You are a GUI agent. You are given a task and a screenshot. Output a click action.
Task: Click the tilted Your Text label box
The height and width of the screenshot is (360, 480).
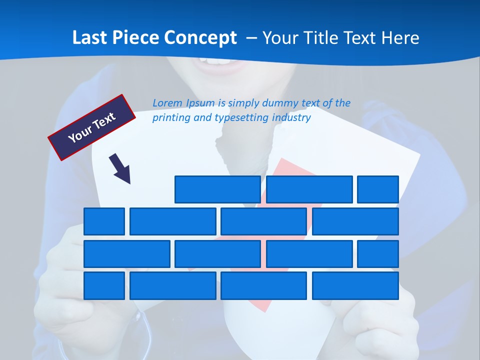(92, 127)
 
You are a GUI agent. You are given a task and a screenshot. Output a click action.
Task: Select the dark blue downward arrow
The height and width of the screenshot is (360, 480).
(120, 168)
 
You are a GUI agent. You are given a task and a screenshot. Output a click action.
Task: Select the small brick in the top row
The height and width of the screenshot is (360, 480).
(378, 189)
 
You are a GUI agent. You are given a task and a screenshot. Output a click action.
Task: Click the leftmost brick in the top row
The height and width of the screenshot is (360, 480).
(217, 189)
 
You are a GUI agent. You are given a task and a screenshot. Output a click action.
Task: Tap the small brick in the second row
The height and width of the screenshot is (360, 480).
(104, 221)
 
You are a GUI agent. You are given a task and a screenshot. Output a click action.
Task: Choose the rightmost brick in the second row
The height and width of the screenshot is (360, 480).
(355, 221)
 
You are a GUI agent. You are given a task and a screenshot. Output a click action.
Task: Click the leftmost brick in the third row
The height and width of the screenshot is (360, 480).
(126, 254)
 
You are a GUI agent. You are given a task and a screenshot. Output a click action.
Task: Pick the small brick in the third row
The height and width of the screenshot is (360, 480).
(378, 254)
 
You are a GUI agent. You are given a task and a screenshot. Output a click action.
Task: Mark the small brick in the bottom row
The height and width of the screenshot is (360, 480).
(104, 286)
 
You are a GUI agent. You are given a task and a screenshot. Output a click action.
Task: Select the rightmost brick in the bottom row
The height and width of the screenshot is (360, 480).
(355, 286)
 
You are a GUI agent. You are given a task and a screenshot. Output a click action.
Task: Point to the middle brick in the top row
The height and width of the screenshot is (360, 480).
(309, 189)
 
